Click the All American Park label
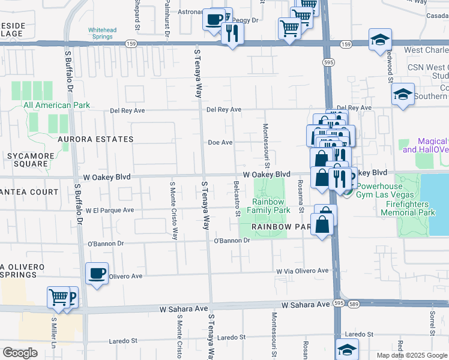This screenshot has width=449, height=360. pos(56,105)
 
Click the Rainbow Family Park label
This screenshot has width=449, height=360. pos(268,206)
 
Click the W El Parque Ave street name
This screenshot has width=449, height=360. pos(109,211)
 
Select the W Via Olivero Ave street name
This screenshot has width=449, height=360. pos(302,271)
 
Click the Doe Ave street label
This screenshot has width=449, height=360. pos(220,143)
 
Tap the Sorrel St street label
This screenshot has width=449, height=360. pos(431,323)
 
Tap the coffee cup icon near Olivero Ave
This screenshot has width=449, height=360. pos(97,274)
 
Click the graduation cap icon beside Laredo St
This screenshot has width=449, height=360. pos(348,349)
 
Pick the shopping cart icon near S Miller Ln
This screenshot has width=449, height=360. pos(59,296)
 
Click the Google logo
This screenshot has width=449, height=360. pos(20,353)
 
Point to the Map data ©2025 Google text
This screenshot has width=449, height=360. pos(411,355)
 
